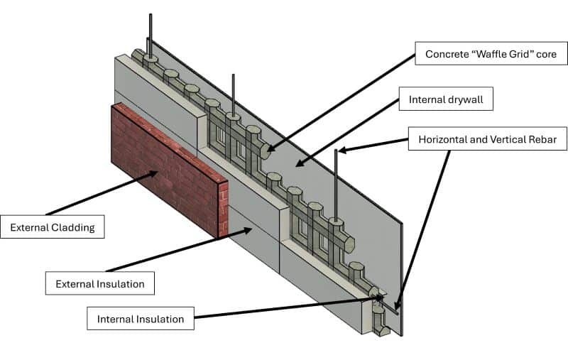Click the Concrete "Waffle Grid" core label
pyautogui.click(x=486, y=54)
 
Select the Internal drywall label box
pyautogui.click(x=445, y=99)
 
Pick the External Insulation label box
pyautogui.click(x=99, y=284)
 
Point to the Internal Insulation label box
pyautogui.click(x=141, y=319)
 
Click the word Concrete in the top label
pyautogui.click(x=446, y=54)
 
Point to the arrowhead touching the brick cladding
pyautogui.click(x=153, y=174)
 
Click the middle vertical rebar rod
pyautogui.click(x=233, y=92)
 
